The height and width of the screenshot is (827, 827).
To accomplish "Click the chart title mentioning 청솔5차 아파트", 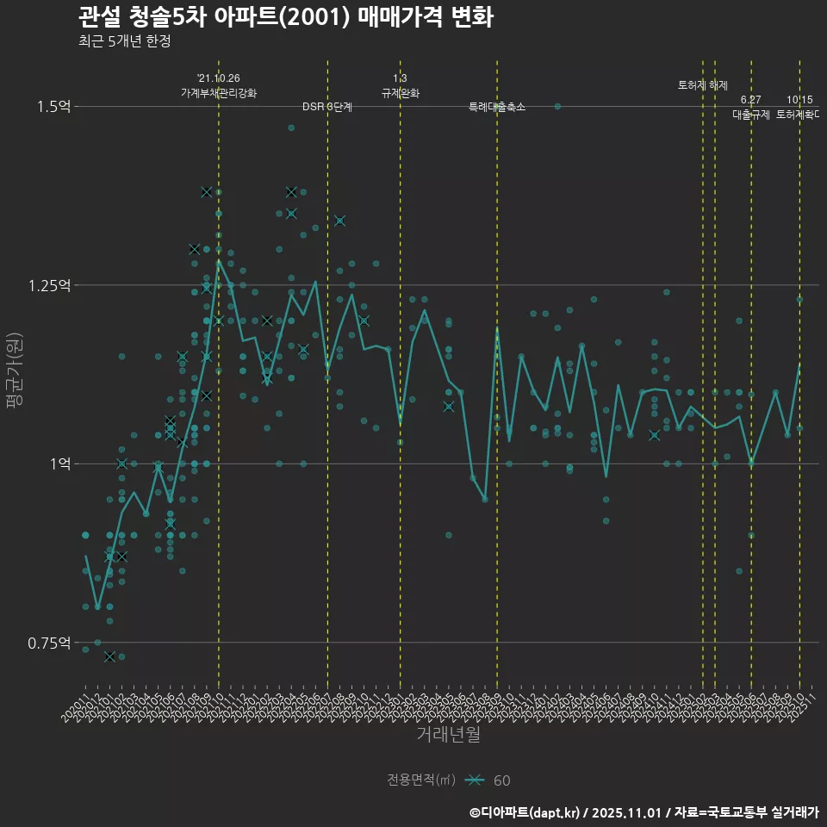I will pyautogui.click(x=285, y=17).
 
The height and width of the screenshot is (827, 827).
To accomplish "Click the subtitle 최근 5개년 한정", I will pyautogui.click(x=129, y=41).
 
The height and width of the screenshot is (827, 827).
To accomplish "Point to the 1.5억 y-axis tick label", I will pyautogui.click(x=54, y=106).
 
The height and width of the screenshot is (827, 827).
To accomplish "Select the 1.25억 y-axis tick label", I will pyautogui.click(x=50, y=285).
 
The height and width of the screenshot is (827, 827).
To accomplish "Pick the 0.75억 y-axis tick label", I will pyautogui.click(x=50, y=643).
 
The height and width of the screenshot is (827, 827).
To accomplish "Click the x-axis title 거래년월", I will pyautogui.click(x=448, y=735).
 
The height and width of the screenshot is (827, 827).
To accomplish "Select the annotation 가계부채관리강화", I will pyautogui.click(x=219, y=92).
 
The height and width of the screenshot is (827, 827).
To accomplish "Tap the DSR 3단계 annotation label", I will pyautogui.click(x=327, y=107).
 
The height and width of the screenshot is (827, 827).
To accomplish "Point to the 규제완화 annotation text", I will pyautogui.click(x=400, y=92).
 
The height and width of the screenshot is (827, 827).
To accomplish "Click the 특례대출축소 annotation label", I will pyautogui.click(x=497, y=107).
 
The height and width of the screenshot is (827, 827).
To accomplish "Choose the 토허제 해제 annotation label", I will pyautogui.click(x=703, y=85).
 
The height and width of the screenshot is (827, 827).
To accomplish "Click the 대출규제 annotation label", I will pyautogui.click(x=751, y=114).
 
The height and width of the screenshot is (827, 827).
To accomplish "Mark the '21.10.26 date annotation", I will pyautogui.click(x=219, y=78).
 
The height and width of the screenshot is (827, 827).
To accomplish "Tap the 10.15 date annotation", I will pyautogui.click(x=799, y=100).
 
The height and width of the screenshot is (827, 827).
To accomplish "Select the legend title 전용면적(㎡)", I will pyautogui.click(x=421, y=780).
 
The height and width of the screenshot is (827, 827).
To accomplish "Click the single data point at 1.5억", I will pyautogui.click(x=557, y=106).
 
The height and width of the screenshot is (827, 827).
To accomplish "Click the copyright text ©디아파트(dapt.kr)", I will pyautogui.click(x=525, y=812).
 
